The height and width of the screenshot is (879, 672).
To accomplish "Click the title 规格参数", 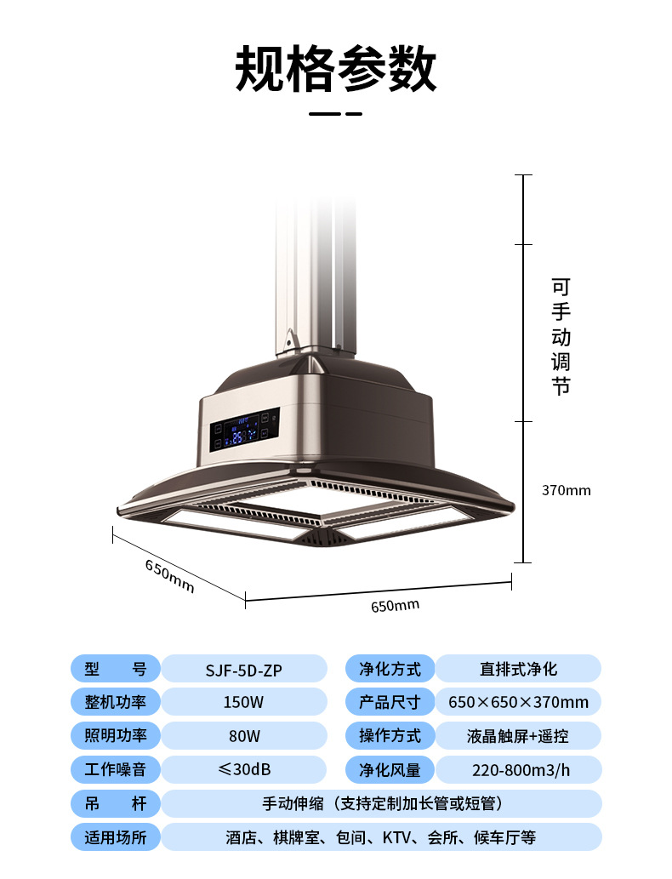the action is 336,69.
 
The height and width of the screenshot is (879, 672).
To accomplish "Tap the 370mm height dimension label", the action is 566,490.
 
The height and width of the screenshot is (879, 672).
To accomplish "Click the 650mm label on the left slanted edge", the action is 170,576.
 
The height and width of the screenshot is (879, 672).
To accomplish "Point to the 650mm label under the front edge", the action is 396,606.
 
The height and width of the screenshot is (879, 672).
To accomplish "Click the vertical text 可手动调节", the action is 561,337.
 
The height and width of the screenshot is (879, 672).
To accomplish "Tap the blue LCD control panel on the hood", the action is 245,430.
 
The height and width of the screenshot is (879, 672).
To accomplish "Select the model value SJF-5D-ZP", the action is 244,670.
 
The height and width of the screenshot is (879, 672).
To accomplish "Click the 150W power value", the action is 243,702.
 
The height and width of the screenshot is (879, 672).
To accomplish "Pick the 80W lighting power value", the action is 244,736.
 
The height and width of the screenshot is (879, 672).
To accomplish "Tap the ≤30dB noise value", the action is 244,769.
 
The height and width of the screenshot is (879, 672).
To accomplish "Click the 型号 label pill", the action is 116,669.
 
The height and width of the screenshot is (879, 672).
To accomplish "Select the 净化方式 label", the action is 390,669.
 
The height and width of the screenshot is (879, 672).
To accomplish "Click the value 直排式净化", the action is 518,669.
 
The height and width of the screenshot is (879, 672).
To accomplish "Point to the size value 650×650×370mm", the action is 518,702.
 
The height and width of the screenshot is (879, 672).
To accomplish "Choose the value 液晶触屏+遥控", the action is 518,736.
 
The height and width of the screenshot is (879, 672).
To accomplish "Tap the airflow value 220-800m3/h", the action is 521,770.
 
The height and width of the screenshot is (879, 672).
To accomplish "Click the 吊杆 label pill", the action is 116,804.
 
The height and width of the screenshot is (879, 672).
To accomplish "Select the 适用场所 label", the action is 116,837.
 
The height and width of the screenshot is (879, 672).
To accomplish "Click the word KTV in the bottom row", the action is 396,837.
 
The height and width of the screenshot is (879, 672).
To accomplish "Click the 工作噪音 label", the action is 116,769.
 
